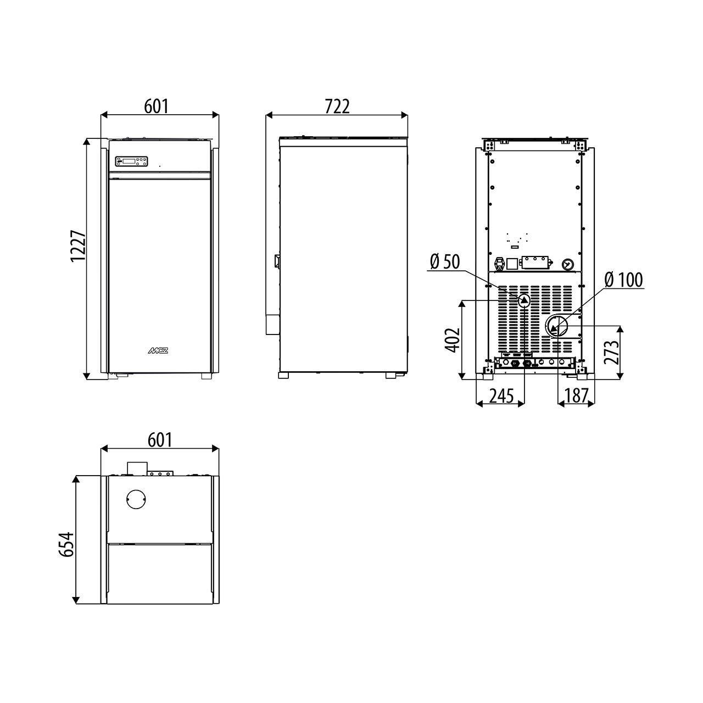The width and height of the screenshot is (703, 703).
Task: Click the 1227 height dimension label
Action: point(79,245)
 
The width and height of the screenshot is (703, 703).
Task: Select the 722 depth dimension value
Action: point(337,107)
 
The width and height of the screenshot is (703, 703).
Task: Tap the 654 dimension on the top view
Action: point(66,544)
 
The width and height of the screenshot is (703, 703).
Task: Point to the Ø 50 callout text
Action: point(445,261)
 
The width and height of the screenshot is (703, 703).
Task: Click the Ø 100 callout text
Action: point(623,280)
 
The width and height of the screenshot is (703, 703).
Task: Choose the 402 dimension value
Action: point(453,340)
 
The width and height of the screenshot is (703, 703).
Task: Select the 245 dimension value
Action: point(501,395)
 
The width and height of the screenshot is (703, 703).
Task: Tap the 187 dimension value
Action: point(577,395)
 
